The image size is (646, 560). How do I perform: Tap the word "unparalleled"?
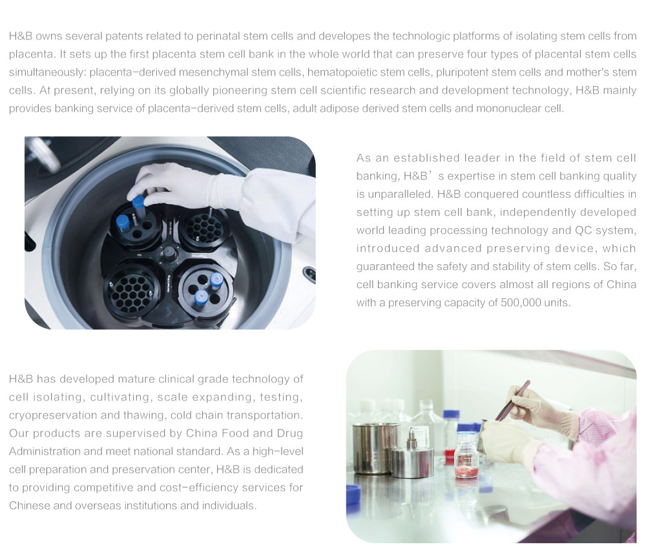pyautogui.click(x=398, y=194)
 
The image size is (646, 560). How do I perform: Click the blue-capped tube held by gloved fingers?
pyautogui.click(x=138, y=207)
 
